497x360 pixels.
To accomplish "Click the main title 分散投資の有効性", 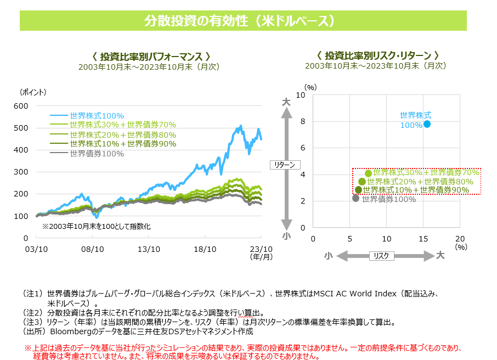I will tap(243, 21).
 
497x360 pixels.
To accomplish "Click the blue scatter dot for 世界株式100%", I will tap(427, 124).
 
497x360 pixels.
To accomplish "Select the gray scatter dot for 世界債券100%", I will tap(355, 198).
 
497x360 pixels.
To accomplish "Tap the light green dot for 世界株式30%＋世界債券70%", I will tap(369, 173).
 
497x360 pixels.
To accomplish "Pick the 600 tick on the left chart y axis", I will tap(20, 106).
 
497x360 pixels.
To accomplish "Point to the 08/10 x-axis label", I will tap(93, 249).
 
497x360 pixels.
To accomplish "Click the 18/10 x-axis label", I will tap(205, 249).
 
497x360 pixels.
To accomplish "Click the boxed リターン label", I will tap(285, 165).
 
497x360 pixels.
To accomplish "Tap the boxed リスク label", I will tap(382, 256).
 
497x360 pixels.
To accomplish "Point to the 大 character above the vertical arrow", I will tap(286, 102).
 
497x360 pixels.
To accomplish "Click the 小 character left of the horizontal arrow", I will tap(328, 256).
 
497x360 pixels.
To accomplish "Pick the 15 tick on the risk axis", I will tap(423, 239).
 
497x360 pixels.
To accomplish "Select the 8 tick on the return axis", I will tap(302, 122).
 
